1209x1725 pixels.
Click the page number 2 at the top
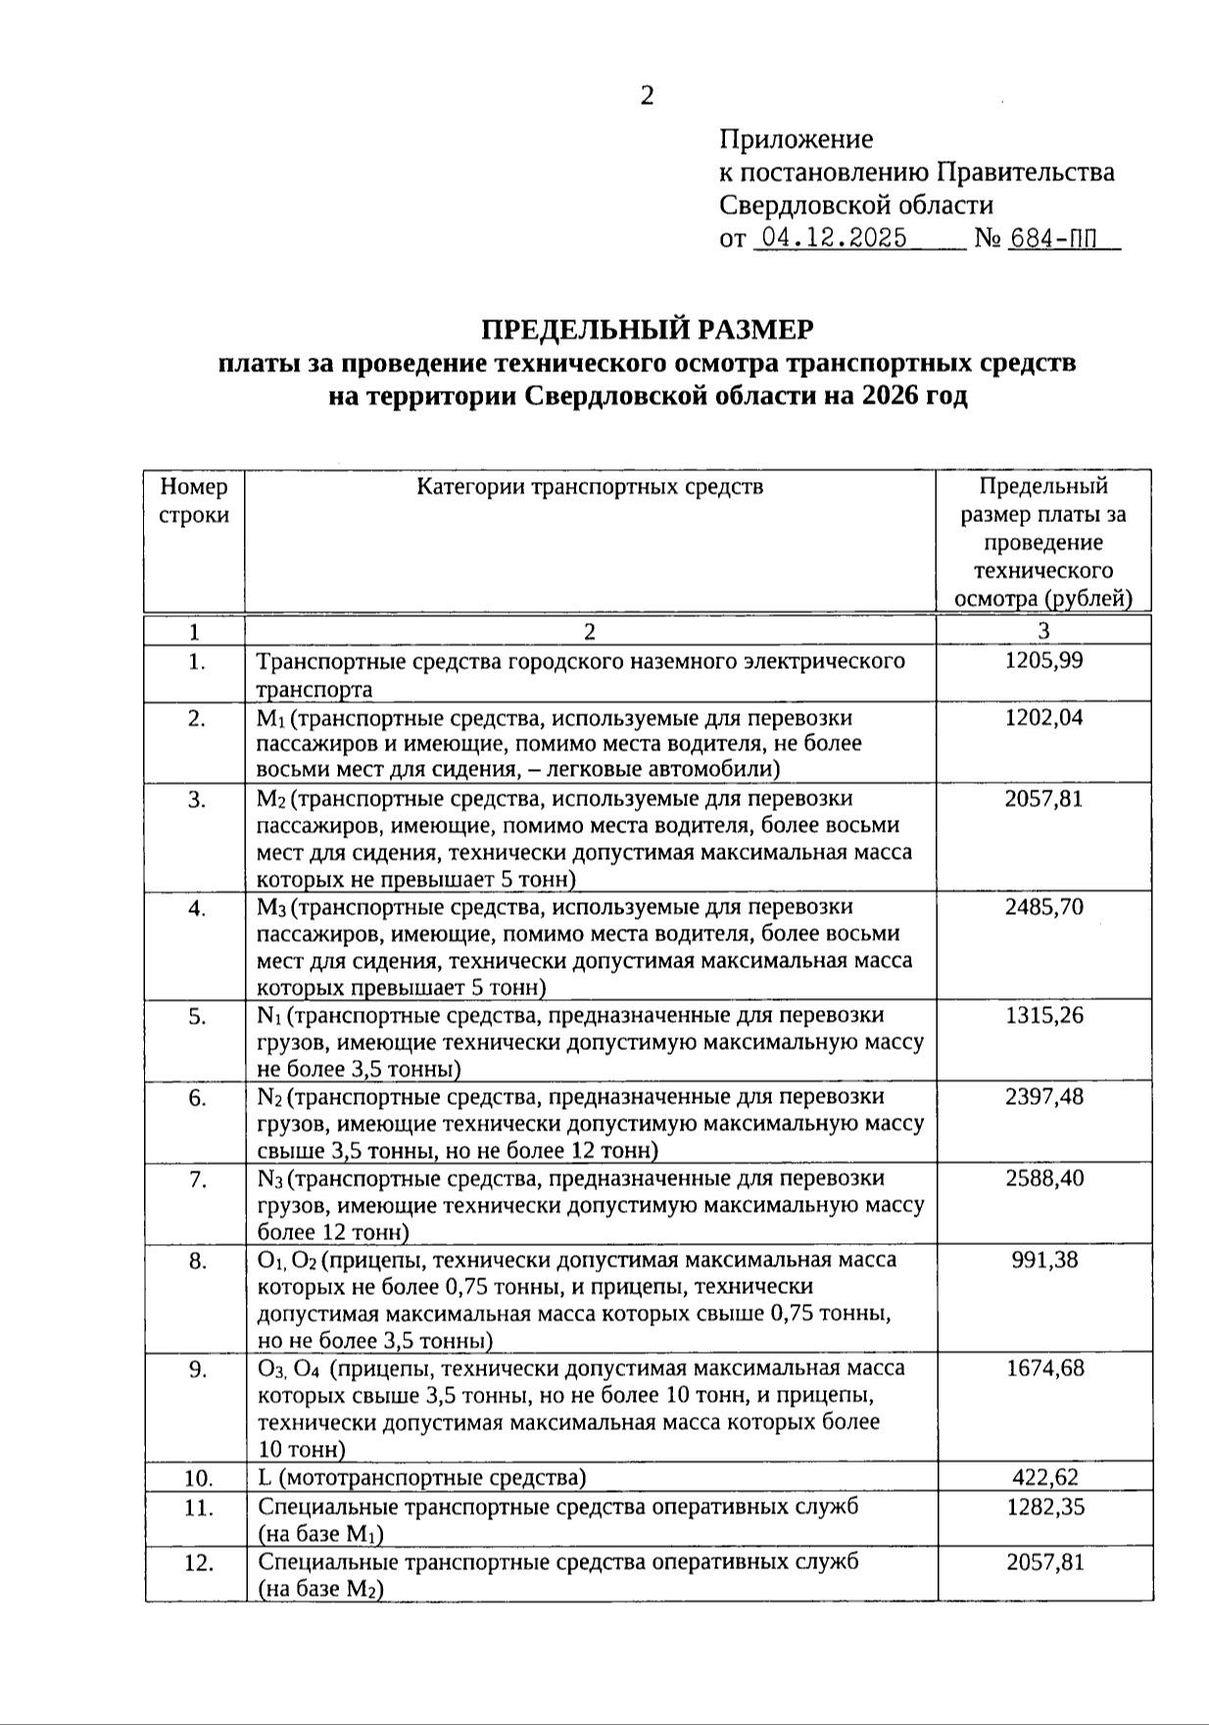(x=647, y=96)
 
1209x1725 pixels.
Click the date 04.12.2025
(x=834, y=238)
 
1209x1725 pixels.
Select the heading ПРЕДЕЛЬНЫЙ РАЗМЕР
(x=647, y=328)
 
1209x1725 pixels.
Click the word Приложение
(x=796, y=139)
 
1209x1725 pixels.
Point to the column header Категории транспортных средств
(x=590, y=487)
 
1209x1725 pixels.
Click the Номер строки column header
(x=194, y=501)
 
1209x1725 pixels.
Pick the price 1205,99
(x=1044, y=660)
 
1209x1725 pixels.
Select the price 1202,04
(x=1044, y=717)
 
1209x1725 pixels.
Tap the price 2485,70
(x=1044, y=907)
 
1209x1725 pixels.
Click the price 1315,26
(x=1044, y=1015)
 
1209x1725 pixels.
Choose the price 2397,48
(x=1044, y=1096)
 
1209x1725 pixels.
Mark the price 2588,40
(x=1044, y=1177)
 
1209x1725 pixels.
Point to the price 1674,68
(x=1044, y=1367)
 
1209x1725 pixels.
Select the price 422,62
(x=1044, y=1477)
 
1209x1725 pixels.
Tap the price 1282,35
(x=1044, y=1507)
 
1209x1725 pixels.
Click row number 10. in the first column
(x=198, y=1477)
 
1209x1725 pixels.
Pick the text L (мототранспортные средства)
(x=422, y=1477)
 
